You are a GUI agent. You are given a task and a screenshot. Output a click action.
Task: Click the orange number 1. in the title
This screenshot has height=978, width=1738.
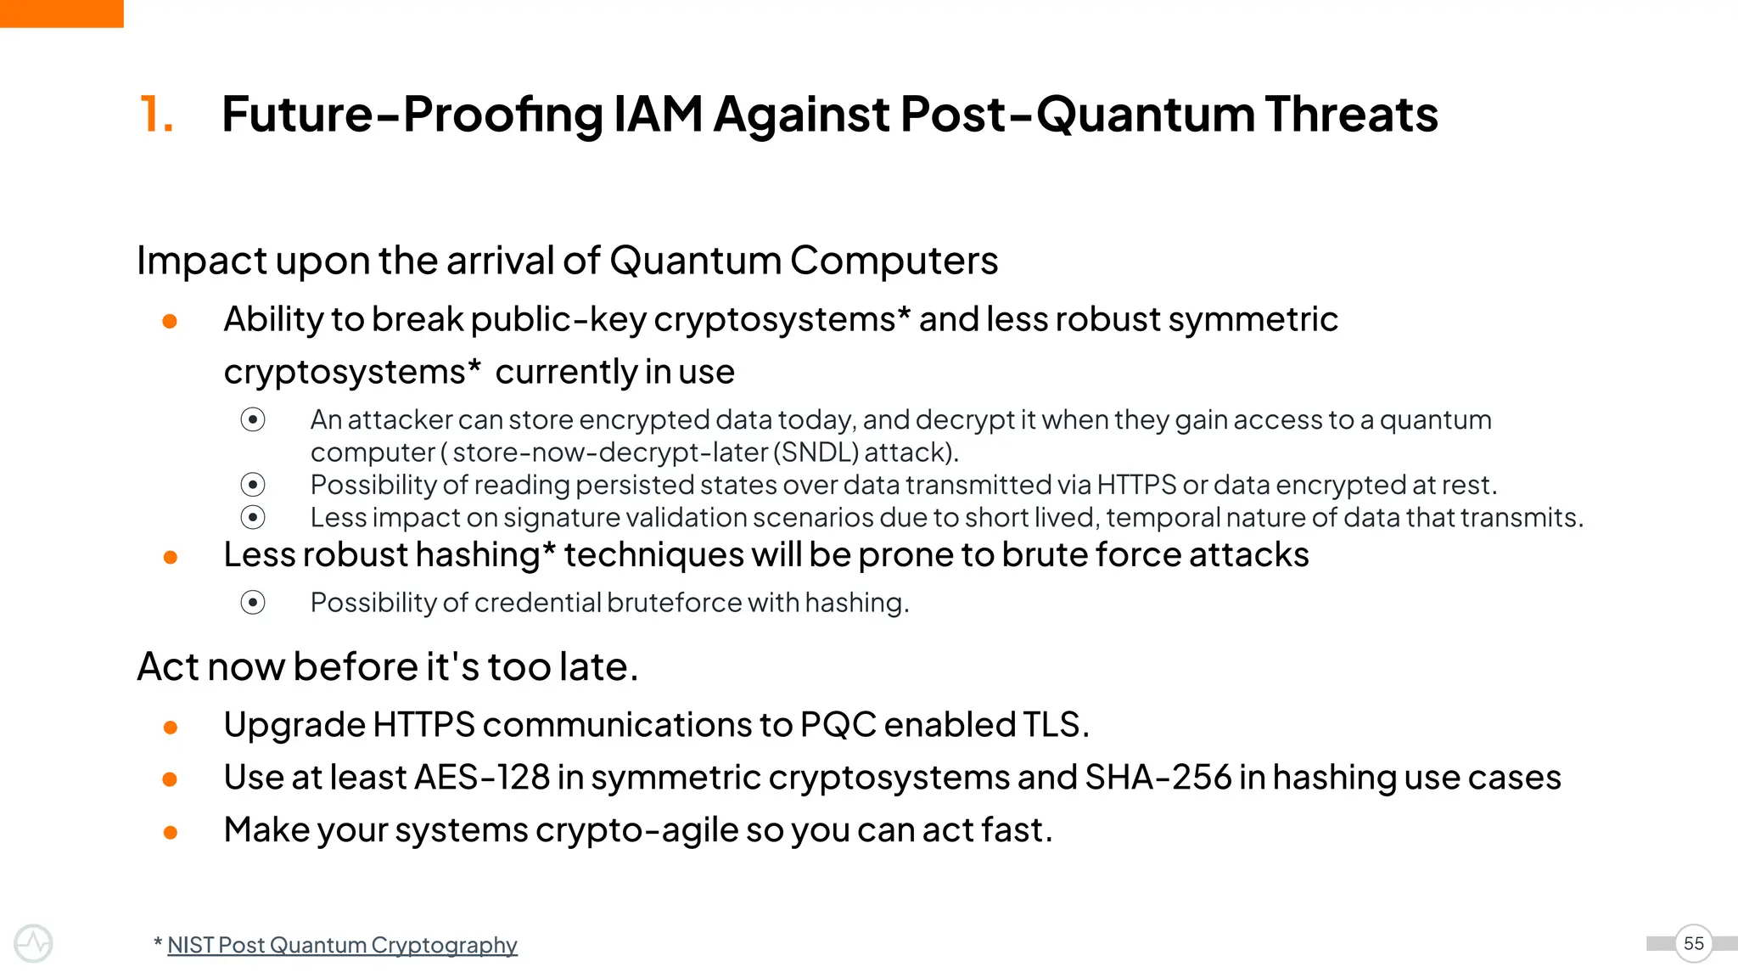[x=156, y=114]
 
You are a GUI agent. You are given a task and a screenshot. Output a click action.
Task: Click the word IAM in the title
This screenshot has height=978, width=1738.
[x=658, y=114]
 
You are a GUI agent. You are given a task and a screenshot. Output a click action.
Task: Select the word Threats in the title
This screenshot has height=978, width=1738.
[x=1351, y=114]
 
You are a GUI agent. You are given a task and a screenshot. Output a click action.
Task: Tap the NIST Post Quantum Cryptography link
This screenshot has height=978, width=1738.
[x=342, y=945]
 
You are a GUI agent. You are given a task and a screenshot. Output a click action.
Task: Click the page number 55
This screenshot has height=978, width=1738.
[x=1693, y=943]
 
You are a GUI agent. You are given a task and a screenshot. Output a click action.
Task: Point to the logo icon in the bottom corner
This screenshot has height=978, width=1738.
[x=33, y=943]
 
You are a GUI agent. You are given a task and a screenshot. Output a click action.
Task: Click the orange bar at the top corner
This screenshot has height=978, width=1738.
[x=61, y=14]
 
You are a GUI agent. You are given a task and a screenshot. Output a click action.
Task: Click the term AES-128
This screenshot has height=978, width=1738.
[x=482, y=778]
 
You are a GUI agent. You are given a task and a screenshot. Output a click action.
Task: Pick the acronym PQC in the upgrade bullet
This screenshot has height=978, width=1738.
[x=838, y=725]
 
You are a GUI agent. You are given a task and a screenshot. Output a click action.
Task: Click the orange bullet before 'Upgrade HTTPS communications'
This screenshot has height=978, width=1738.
[x=170, y=728]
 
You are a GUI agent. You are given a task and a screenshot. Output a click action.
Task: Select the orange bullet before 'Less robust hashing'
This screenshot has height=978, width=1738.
[x=170, y=558]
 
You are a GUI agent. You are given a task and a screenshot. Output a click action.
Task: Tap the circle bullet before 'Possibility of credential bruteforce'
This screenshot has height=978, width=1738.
[x=253, y=603]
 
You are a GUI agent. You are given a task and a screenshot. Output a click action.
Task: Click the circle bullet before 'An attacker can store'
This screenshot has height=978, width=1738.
[x=253, y=419]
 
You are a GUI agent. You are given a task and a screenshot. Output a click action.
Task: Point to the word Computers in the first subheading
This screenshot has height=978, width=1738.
[x=894, y=261]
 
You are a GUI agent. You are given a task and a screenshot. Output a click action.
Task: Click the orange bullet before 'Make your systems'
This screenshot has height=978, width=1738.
[x=170, y=833]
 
